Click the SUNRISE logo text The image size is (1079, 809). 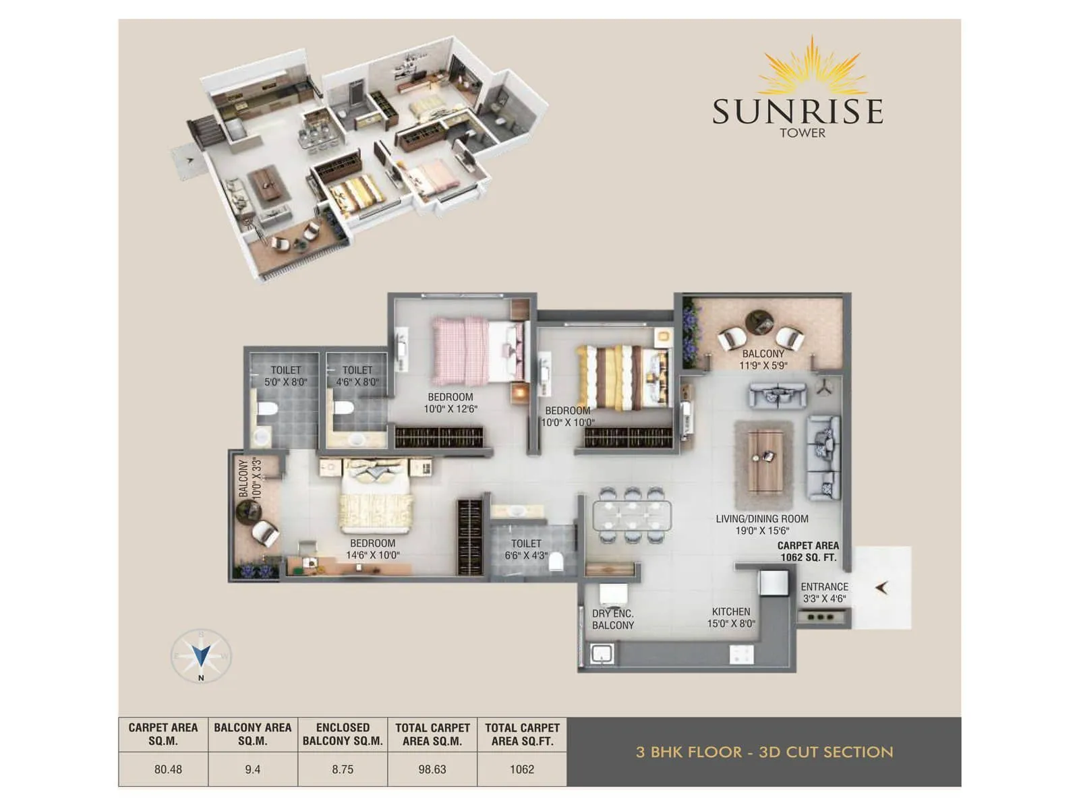(798, 111)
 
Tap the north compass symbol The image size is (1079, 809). (201, 655)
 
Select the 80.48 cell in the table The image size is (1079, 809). (168, 769)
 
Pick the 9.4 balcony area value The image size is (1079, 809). (253, 769)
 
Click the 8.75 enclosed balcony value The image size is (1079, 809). (343, 769)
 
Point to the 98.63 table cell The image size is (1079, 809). (432, 769)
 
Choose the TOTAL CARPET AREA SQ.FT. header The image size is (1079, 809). (522, 734)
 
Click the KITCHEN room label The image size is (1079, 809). (731, 611)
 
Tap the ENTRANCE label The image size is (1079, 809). (824, 587)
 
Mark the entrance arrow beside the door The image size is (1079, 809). (881, 588)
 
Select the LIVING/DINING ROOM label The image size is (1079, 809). (762, 518)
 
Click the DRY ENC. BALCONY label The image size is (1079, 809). (612, 619)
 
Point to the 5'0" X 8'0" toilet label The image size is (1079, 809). (286, 382)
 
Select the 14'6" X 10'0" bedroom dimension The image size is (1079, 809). (373, 555)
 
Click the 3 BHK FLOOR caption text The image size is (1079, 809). (764, 752)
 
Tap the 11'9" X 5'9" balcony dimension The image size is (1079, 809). (763, 365)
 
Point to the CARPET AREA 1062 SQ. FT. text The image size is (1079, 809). (808, 551)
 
